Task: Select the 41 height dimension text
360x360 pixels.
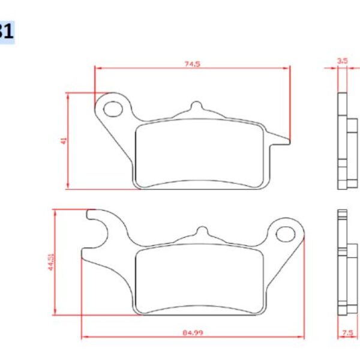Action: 63,140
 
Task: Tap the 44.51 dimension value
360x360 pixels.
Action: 51,262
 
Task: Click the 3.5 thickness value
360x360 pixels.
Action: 343,61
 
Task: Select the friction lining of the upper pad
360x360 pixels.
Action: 198,154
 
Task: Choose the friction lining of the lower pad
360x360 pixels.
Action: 199,278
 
